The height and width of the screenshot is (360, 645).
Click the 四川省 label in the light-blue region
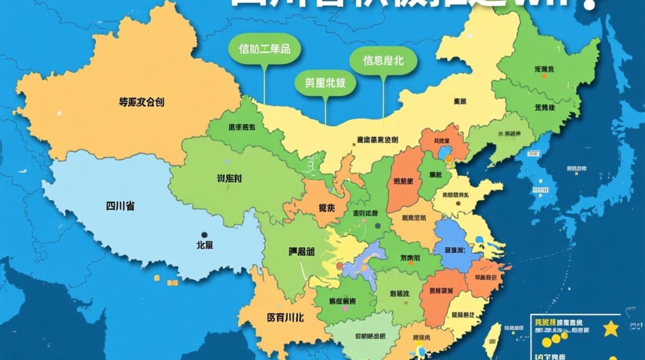point(120,206)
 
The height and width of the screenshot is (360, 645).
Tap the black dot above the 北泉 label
point(204,235)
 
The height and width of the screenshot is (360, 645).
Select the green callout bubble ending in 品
point(264,49)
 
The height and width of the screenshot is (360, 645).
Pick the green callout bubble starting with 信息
point(383,61)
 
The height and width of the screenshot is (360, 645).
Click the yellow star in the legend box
point(611,328)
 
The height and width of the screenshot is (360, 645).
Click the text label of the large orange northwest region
point(142,102)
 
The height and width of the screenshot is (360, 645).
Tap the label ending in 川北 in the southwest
point(285,318)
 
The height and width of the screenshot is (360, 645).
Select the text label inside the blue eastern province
point(454,250)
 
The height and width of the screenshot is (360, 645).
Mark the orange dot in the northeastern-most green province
point(544,76)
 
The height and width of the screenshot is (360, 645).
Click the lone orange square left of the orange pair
point(156,278)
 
